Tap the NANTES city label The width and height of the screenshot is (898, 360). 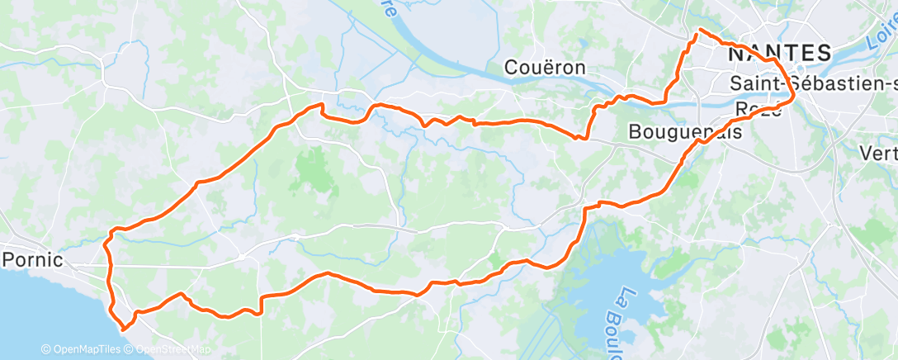point(780,54)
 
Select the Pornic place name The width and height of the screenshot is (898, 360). point(32,259)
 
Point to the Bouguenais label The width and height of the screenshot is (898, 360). point(684,131)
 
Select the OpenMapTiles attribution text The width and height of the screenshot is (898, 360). point(82,350)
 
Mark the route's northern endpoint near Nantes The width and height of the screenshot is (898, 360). point(700,30)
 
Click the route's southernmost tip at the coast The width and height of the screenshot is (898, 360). point(124,329)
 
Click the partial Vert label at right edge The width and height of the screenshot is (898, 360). point(878,153)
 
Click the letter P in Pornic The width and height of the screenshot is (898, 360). point(9,259)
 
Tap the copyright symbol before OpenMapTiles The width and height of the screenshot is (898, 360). point(45,350)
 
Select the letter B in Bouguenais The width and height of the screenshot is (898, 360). point(635,131)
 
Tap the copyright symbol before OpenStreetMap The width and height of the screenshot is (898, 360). point(129,350)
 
